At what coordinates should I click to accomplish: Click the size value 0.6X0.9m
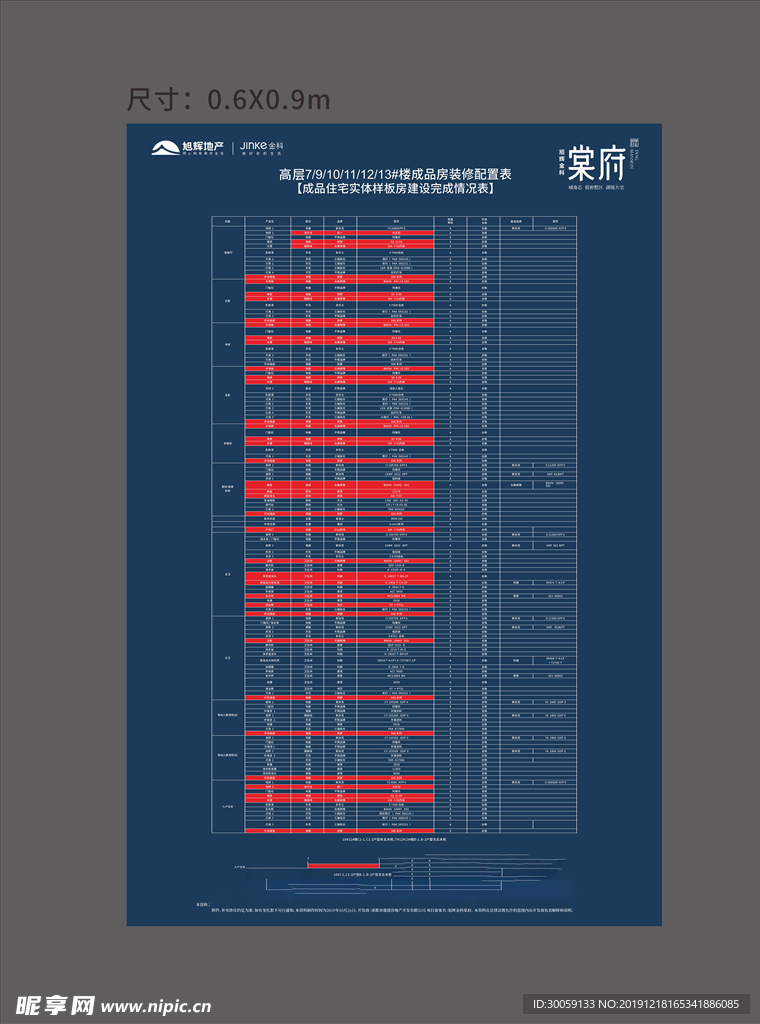[x=268, y=100]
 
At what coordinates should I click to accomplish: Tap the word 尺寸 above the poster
[x=159, y=100]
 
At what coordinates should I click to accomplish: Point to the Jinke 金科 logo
[x=262, y=146]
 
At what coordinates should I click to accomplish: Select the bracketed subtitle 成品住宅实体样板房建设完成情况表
[x=396, y=188]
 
